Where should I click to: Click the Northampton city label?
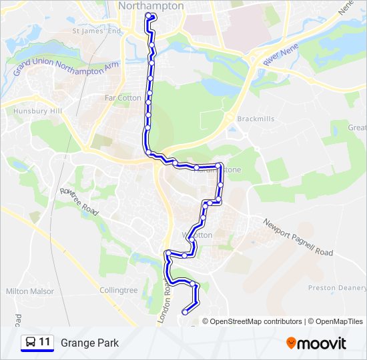pos(150,6)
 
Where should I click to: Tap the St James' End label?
pos(97,31)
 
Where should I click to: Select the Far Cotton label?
pos(123,98)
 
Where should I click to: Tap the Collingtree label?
pos(118,291)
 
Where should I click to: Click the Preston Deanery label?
pos(337,288)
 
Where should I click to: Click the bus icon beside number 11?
pos(30,343)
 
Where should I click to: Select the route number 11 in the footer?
pos(45,343)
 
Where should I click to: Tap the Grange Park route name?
pos(89,343)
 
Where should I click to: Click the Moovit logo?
pos(316,343)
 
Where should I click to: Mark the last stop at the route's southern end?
pos(185,312)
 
